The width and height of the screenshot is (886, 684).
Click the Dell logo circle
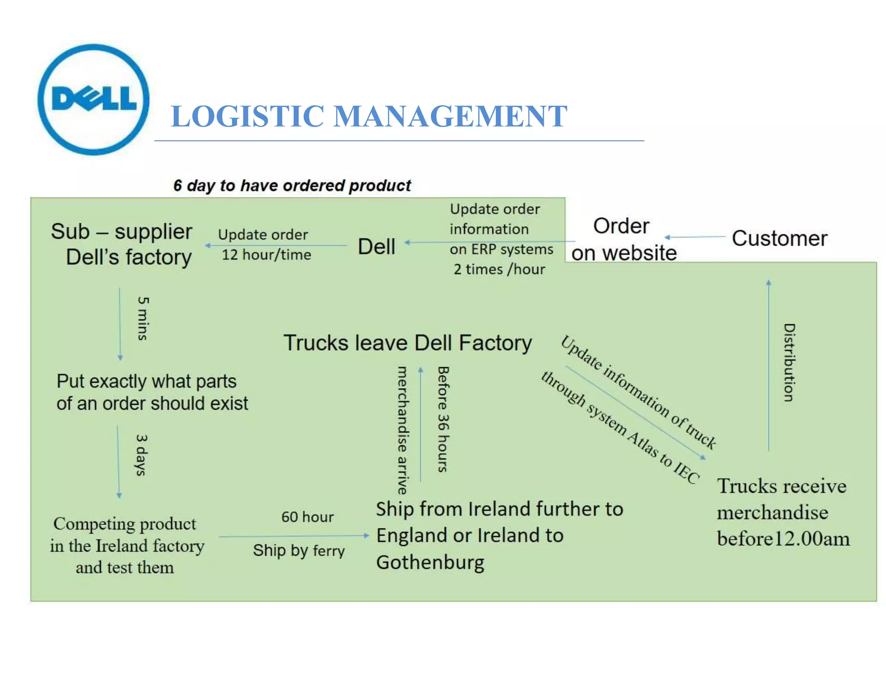[x=93, y=99]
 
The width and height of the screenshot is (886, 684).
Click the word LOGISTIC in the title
[x=247, y=116]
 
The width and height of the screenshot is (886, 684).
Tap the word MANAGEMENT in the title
[x=450, y=116]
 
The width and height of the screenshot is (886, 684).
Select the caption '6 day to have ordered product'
[x=292, y=185]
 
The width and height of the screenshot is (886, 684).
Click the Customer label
[x=779, y=238]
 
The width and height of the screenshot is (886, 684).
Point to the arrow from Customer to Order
[x=694, y=237]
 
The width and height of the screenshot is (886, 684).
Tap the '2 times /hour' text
[x=499, y=269]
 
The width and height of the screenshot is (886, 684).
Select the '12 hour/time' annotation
[x=266, y=255]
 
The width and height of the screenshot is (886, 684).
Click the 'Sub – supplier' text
[x=122, y=231]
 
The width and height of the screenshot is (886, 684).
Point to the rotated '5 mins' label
[x=143, y=318]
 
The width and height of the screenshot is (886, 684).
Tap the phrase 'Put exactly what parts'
[x=147, y=381]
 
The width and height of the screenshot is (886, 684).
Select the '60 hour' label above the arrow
[x=308, y=517]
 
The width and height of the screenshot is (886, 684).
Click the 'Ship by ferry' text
[x=299, y=550]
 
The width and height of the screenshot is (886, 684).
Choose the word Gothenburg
[x=430, y=563]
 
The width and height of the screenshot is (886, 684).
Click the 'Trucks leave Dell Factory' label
[x=408, y=343]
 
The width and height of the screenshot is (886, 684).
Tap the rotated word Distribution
[x=789, y=362]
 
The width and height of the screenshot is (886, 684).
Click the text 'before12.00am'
[x=783, y=539]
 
